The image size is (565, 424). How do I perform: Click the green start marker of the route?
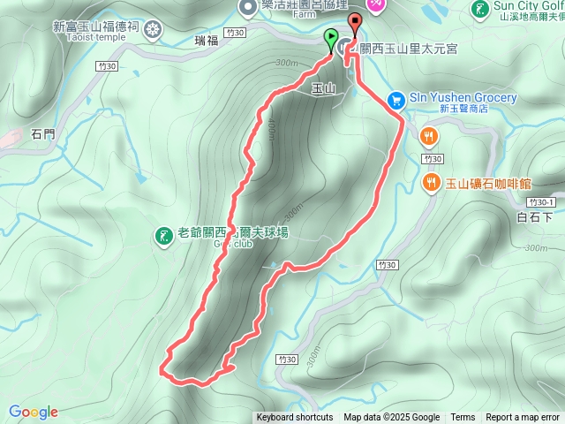tap(331, 39)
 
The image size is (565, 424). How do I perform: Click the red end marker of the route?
tap(355, 24)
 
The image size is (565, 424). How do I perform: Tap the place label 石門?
tap(42, 135)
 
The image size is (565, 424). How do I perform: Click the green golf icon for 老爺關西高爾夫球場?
tap(163, 235)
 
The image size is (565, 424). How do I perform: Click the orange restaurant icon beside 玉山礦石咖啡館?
tap(430, 184)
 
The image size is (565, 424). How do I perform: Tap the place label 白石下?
tap(534, 216)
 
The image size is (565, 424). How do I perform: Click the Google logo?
tap(34, 412)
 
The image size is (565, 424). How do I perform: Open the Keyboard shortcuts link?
tap(295, 418)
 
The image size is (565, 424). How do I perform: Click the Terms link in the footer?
tap(463, 418)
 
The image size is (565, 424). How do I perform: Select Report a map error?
tap(523, 418)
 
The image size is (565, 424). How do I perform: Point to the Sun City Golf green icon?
tap(481, 11)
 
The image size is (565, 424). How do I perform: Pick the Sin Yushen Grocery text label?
tap(463, 97)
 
